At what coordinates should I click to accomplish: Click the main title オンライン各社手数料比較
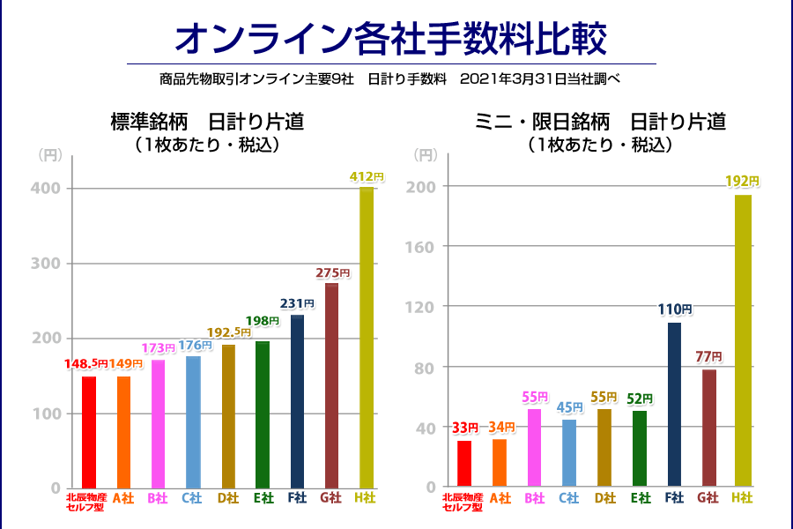(391, 37)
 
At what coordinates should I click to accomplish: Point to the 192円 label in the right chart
(742, 181)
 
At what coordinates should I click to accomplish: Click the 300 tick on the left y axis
(49, 264)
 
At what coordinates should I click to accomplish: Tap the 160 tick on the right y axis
(424, 246)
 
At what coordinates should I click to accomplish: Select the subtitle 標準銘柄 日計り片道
(208, 122)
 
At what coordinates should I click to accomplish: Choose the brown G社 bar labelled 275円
(331, 385)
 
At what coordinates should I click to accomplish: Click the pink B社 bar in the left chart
(158, 423)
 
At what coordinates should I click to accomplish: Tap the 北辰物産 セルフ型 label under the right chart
(463, 503)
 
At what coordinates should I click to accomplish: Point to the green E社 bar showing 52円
(640, 448)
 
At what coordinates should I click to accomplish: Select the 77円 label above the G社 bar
(707, 356)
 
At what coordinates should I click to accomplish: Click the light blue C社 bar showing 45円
(569, 452)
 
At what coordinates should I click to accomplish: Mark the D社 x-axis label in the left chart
(227, 498)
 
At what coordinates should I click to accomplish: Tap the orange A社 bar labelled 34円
(500, 462)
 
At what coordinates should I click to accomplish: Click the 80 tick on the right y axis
(427, 367)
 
